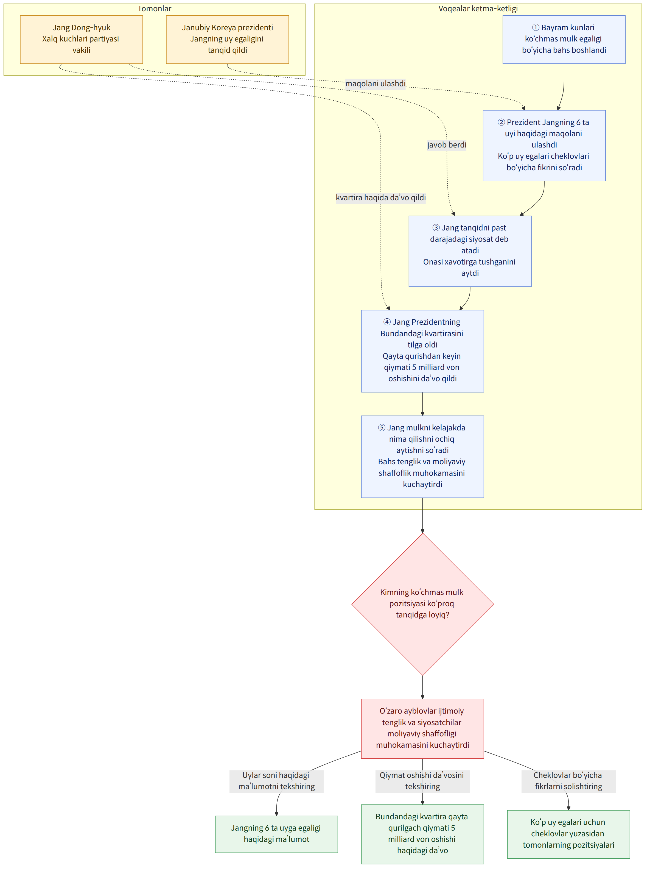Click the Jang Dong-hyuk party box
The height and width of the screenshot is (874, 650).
point(82,39)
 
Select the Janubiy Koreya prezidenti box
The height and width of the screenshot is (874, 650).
point(228,39)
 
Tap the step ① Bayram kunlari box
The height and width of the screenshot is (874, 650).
point(564,39)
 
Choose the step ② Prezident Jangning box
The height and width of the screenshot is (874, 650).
point(544,145)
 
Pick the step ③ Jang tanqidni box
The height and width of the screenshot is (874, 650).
point(470,251)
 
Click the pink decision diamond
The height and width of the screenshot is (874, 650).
point(422,604)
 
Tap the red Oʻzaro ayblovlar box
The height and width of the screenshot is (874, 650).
point(422,728)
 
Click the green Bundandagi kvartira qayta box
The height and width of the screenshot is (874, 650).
point(422,834)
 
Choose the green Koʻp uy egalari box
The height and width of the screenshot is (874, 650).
point(568,834)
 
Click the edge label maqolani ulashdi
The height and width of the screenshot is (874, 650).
point(375,83)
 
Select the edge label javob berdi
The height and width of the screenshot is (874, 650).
point(447,145)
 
